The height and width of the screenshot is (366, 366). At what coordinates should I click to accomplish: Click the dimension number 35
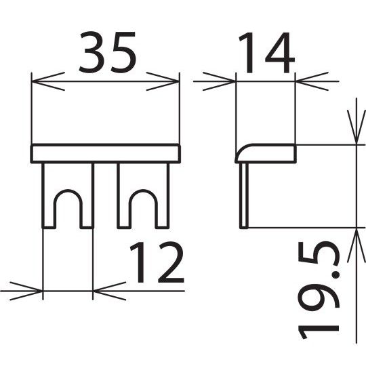tap(107, 52)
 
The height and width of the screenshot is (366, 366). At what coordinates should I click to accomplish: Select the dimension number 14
tap(267, 53)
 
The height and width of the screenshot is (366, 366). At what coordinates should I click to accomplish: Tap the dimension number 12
tap(157, 262)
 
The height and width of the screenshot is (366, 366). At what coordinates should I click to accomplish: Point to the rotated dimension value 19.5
tap(319, 290)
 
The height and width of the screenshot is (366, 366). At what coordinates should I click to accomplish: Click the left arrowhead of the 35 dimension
tap(48, 81)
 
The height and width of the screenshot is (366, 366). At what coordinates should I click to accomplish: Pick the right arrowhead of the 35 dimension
tap(163, 81)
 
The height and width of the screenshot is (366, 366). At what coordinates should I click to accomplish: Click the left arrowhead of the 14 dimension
tap(220, 81)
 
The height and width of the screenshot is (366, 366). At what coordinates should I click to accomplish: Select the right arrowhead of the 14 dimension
tap(312, 81)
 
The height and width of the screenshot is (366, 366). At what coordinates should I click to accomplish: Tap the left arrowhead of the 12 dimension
tap(26, 291)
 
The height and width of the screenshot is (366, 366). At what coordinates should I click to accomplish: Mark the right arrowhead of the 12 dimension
tap(110, 291)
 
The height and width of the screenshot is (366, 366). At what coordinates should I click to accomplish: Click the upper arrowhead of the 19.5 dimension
tap(357, 127)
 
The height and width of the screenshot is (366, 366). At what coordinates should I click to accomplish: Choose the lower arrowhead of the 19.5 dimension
tap(357, 245)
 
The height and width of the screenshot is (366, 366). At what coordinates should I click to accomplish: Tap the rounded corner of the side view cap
tap(241, 150)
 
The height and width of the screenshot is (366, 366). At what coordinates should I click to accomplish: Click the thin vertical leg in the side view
tap(244, 195)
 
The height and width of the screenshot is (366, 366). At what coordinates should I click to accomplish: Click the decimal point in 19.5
tap(335, 276)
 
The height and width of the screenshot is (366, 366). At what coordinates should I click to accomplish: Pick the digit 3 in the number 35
tap(91, 52)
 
